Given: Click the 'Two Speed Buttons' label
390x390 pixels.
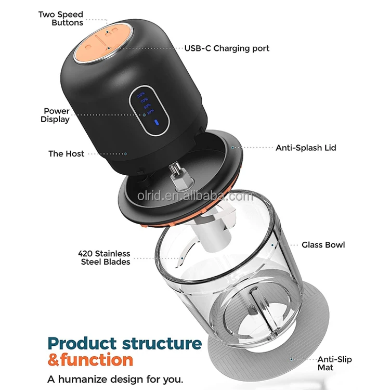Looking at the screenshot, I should [x=60, y=19].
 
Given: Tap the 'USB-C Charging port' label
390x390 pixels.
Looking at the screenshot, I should [x=227, y=48].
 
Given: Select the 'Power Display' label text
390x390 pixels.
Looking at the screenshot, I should [x=56, y=115].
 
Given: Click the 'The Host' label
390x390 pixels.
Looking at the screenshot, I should [x=66, y=153].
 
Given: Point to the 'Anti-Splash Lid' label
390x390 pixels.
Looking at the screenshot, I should [x=306, y=148].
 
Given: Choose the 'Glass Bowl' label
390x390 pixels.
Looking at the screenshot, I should [x=323, y=244].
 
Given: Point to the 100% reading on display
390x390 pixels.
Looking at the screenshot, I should [x=141, y=96].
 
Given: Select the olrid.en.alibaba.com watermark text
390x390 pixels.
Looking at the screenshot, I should [x=195, y=197].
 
